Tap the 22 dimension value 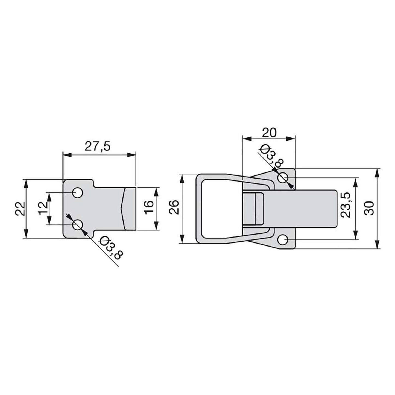(20, 209)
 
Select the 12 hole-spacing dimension (43, 208)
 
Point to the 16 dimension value (149, 207)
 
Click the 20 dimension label (269, 133)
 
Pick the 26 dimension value (174, 207)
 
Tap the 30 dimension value (369, 208)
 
